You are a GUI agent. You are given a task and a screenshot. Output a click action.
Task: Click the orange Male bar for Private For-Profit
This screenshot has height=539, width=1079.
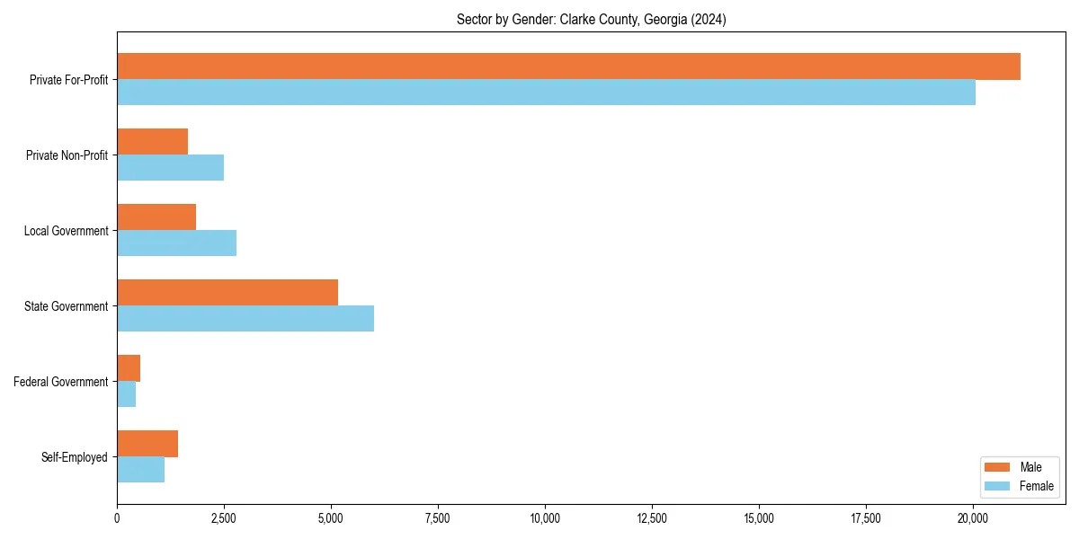568,66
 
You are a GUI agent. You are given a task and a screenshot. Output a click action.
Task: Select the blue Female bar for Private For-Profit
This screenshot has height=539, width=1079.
546,93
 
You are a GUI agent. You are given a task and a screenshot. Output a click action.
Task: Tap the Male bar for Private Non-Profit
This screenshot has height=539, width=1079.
152,142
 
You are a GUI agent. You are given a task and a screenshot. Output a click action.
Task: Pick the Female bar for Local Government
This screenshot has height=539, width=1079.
176,243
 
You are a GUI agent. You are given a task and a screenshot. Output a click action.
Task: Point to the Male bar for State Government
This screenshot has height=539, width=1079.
227,293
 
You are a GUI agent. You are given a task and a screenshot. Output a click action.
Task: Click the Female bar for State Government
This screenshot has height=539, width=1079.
245,319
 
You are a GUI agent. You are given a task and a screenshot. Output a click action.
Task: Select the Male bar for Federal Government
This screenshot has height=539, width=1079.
129,368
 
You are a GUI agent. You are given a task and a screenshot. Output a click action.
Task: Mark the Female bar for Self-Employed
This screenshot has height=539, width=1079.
140,470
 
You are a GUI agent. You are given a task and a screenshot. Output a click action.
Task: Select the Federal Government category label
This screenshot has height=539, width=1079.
61,382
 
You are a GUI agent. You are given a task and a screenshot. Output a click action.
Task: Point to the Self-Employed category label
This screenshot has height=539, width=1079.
75,457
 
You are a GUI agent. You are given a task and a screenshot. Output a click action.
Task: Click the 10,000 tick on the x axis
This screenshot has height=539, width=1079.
545,518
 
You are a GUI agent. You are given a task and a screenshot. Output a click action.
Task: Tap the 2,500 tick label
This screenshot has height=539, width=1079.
224,518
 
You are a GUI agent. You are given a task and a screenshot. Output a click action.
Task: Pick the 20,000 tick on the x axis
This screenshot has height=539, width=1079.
973,518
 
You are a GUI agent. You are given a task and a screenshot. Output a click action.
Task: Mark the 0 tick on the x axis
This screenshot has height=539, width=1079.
117,518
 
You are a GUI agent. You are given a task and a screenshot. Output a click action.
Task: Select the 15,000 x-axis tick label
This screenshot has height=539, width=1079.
759,518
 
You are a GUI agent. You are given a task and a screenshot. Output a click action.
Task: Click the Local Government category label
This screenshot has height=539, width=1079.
66,231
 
